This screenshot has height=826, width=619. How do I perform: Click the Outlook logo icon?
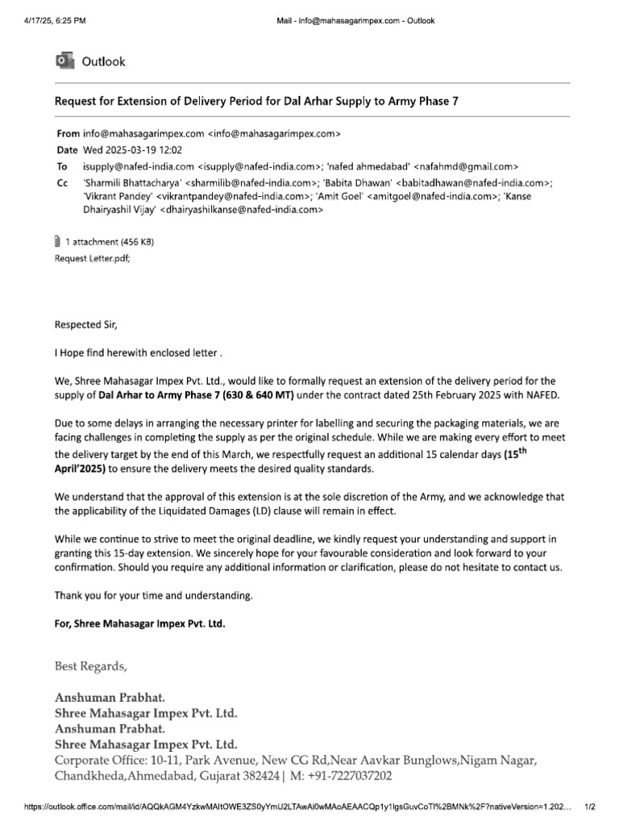click(63, 61)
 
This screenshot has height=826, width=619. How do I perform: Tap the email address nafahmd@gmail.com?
click(465, 165)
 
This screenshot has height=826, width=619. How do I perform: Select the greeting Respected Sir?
click(85, 325)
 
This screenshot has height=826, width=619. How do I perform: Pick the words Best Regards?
click(90, 666)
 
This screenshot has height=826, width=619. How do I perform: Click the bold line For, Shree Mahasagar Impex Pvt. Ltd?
click(139, 624)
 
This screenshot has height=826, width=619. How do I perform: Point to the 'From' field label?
click(69, 134)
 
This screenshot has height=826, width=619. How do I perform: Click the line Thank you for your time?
click(153, 595)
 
